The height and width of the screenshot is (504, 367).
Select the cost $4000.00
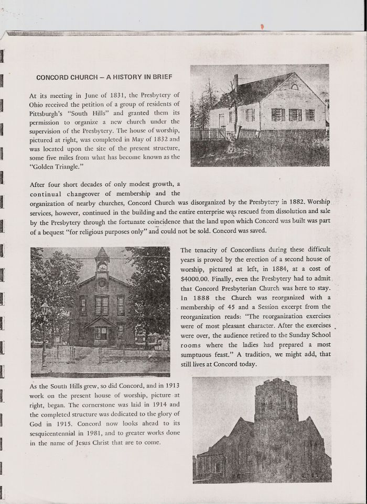[x=197, y=278]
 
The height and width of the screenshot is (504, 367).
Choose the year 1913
[x=169, y=386]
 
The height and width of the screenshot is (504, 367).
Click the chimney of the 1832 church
[x=236, y=82]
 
